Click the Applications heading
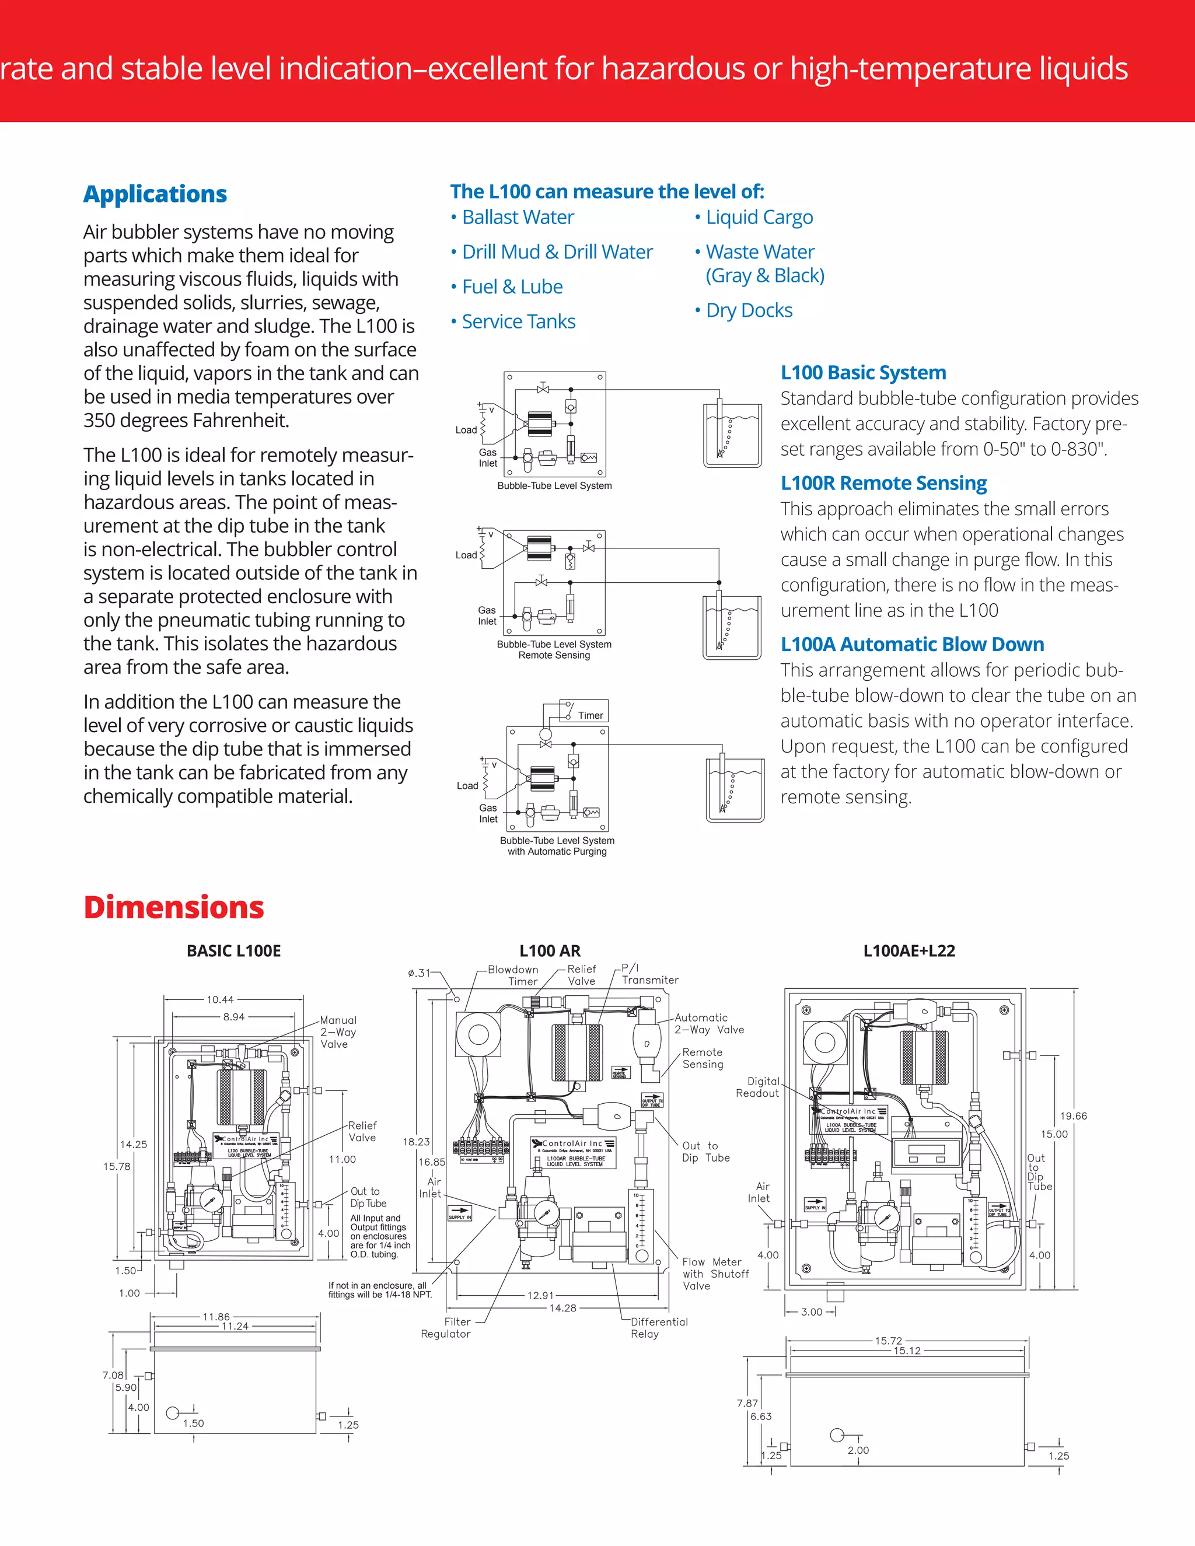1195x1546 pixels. pyautogui.click(x=155, y=194)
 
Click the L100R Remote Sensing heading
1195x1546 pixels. pyautogui.click(x=883, y=483)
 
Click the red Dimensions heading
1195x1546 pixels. pyautogui.click(x=173, y=908)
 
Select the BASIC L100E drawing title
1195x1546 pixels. pyautogui.click(x=233, y=951)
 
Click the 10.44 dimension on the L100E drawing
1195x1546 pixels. pyautogui.click(x=219, y=999)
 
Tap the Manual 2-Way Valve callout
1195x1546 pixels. pyautogui.click(x=338, y=1032)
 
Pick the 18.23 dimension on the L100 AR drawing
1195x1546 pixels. pyautogui.click(x=415, y=1142)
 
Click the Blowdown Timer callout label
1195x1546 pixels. pyautogui.click(x=513, y=975)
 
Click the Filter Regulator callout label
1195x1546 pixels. pyautogui.click(x=446, y=1327)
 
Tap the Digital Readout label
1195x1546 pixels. pyautogui.click(x=758, y=1087)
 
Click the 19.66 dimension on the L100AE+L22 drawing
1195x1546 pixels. pyautogui.click(x=1072, y=1116)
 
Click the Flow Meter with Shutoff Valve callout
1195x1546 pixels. pyautogui.click(x=715, y=1274)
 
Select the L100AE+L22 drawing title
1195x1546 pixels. pyautogui.click(x=909, y=951)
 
